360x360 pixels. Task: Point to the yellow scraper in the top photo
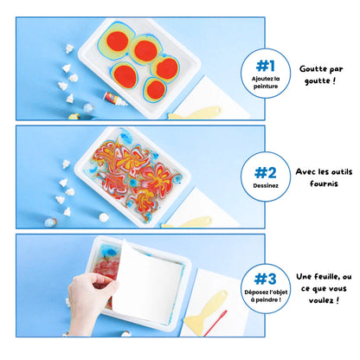194,113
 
